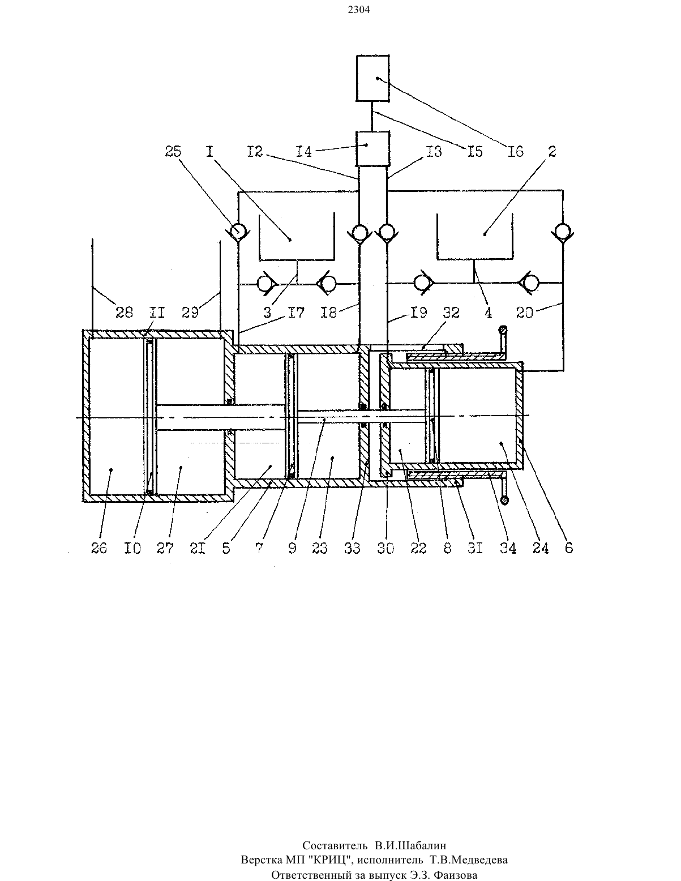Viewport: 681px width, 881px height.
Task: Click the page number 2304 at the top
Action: pos(359,10)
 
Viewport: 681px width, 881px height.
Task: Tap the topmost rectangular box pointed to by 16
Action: pos(372,78)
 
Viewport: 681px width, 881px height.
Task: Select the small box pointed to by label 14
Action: pos(372,148)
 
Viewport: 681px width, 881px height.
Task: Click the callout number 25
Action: pos(173,152)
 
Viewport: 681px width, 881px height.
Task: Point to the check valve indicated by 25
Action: pos(238,232)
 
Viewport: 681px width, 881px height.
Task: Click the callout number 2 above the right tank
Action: pos(552,152)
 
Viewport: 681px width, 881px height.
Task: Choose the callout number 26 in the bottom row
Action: pos(98,548)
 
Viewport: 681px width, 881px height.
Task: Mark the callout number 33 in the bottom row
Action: pos(352,548)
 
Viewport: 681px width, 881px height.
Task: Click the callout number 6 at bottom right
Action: pos(569,548)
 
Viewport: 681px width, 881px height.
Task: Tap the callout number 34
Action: pos(508,548)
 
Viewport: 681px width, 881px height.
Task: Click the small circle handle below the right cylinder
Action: pos(505,501)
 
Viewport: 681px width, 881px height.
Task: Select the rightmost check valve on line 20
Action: pos(563,232)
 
